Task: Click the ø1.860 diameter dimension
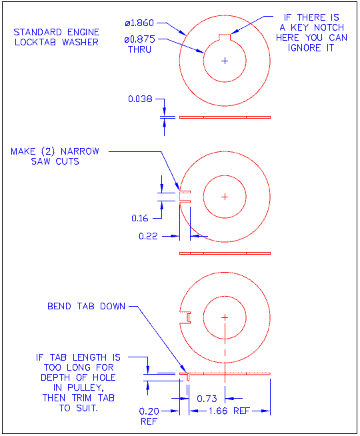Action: [141, 23]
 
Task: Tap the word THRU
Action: [139, 50]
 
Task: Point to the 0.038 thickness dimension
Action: [141, 99]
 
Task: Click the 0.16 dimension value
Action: [141, 218]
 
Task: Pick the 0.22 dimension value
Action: [149, 236]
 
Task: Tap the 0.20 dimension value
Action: [149, 411]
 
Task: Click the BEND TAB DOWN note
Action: [87, 307]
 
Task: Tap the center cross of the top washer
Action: [225, 60]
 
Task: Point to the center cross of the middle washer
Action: [225, 196]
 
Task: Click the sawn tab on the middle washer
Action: [185, 196]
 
